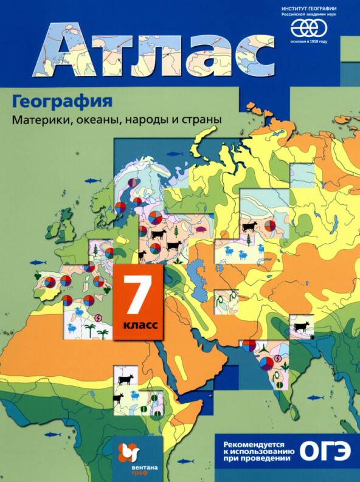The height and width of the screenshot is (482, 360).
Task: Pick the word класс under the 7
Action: tap(140, 325)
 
